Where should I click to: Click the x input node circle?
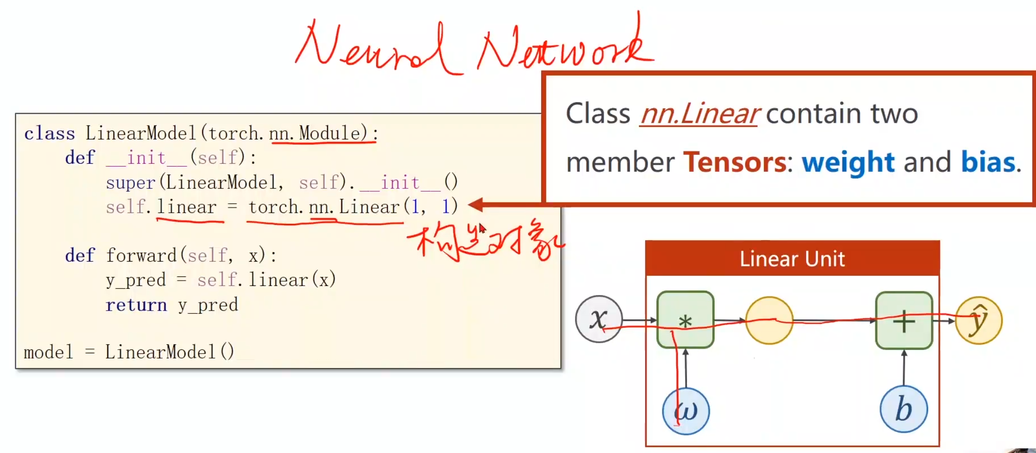(x=599, y=319)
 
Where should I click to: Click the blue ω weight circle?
(x=686, y=411)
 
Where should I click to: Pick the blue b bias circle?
(x=903, y=409)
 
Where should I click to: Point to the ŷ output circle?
(x=978, y=320)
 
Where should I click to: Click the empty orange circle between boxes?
(x=769, y=320)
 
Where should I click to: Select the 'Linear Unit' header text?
(x=792, y=259)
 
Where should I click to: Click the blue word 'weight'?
(x=848, y=162)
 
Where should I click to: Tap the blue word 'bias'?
(x=987, y=162)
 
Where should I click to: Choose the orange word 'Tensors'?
(x=734, y=162)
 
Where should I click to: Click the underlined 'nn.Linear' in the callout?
(x=699, y=114)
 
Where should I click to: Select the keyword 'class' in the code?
(x=50, y=134)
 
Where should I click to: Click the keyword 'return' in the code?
(x=136, y=305)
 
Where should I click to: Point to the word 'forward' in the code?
(x=141, y=255)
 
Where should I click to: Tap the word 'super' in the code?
(x=131, y=182)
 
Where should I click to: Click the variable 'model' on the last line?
(x=48, y=352)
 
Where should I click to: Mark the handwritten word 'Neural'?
(x=372, y=48)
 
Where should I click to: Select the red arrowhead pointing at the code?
(x=476, y=205)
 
